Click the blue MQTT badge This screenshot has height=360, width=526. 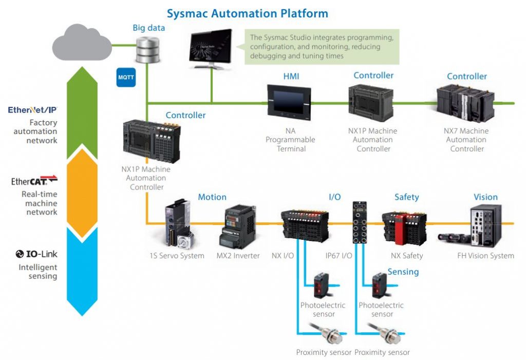[x=126, y=77]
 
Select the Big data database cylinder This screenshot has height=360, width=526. [x=147, y=50]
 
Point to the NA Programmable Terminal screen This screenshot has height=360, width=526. [x=289, y=102]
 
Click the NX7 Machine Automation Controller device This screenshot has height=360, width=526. [x=465, y=103]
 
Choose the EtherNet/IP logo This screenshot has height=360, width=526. [x=32, y=110]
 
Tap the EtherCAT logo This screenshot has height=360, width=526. [x=34, y=180]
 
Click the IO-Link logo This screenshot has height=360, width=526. [x=36, y=254]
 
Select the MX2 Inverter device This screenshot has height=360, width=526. [x=237, y=226]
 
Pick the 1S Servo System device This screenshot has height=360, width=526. [x=178, y=224]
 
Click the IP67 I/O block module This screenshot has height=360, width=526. [x=360, y=222]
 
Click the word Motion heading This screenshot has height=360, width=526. [x=212, y=197]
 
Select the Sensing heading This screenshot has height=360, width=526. [x=403, y=272]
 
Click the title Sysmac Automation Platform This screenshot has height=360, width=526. [x=248, y=13]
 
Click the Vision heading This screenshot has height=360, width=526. [x=485, y=197]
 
